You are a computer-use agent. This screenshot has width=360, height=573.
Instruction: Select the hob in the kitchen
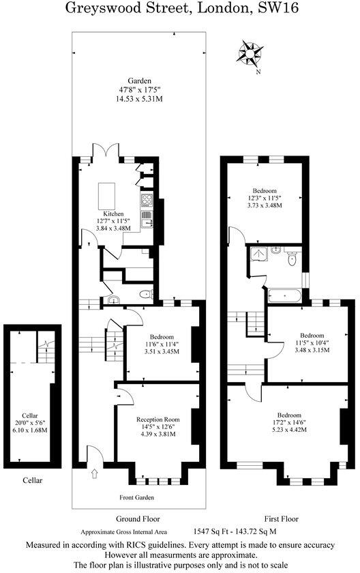pyautogui.click(x=147, y=201)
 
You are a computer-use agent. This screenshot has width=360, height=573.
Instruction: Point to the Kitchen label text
pyautogui.click(x=113, y=214)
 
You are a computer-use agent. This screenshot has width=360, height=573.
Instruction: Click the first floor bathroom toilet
pyautogui.click(x=292, y=259)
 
